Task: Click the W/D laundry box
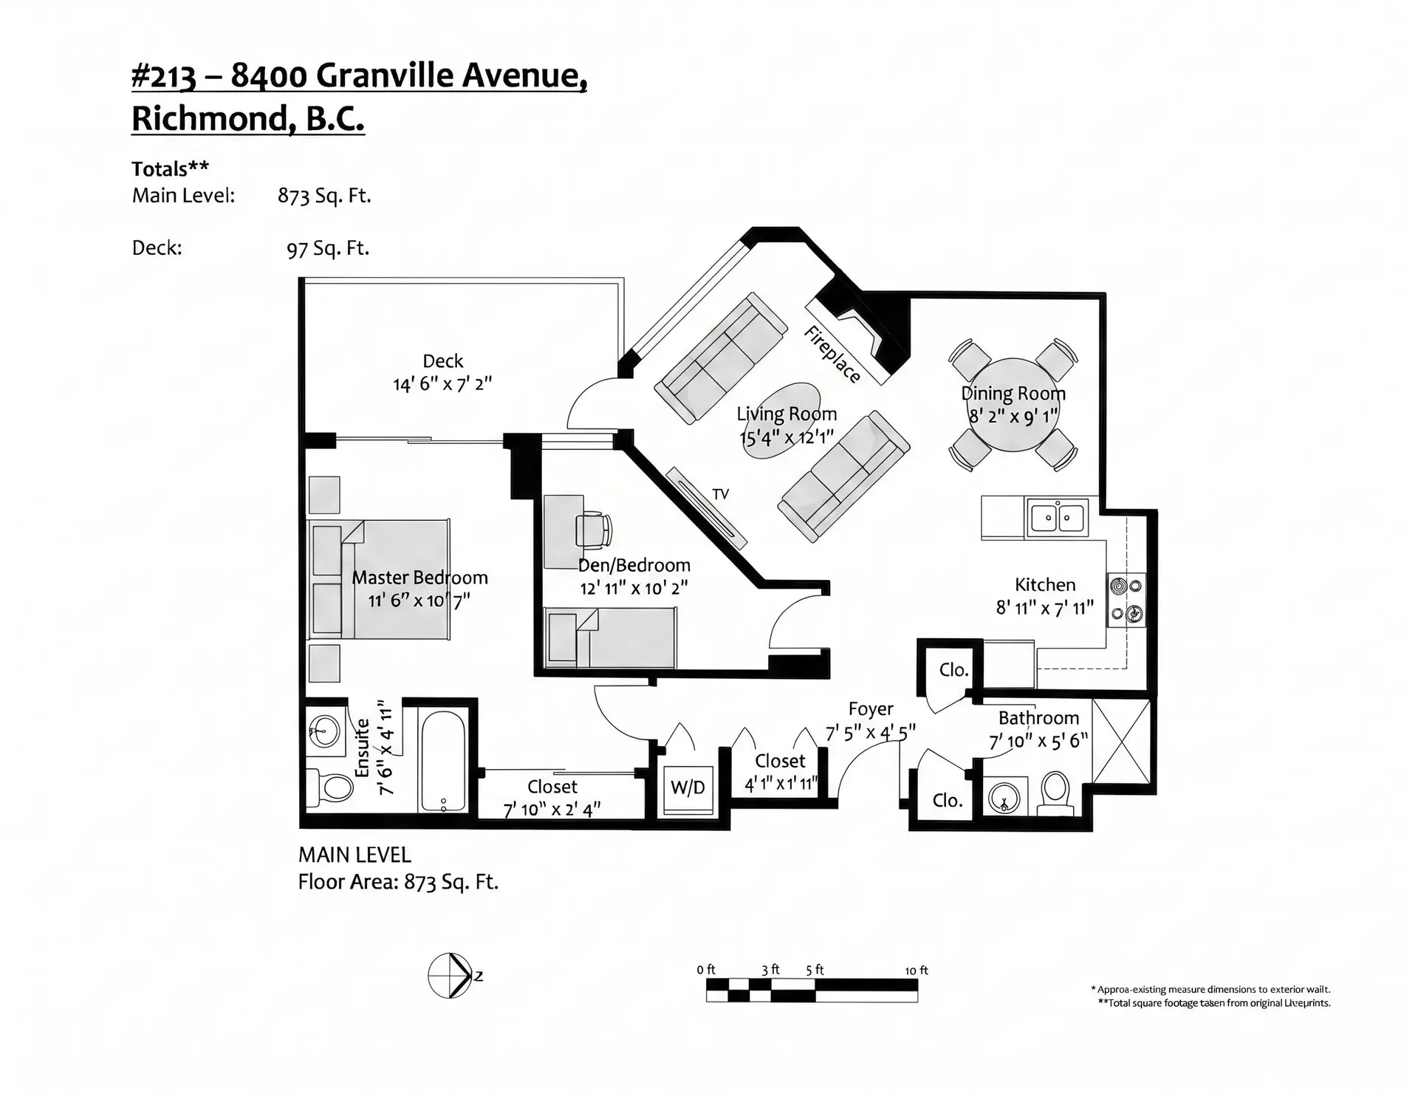(x=687, y=787)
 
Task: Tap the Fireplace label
(x=832, y=355)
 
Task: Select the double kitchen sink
(x=1057, y=517)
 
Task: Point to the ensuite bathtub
(x=442, y=759)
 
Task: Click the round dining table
(x=1013, y=405)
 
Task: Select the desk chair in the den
(x=595, y=530)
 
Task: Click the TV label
(x=720, y=494)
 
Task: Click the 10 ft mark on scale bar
(x=917, y=971)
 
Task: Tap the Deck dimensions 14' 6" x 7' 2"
(x=442, y=384)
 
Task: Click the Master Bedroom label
(x=419, y=578)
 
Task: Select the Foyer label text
(x=871, y=709)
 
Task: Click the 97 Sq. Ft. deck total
(x=328, y=248)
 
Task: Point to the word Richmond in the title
(x=208, y=118)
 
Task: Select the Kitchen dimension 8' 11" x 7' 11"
(x=1044, y=608)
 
